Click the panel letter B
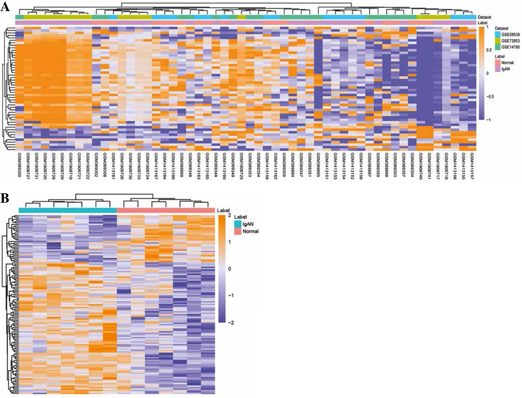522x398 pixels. [x=5, y=198]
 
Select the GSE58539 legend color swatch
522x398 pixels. [x=498, y=35]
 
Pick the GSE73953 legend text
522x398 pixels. [x=510, y=41]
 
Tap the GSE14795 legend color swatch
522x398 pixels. [x=498, y=47]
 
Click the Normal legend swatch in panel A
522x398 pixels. [x=498, y=63]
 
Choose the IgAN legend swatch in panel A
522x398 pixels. [x=498, y=69]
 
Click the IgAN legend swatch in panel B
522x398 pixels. [x=238, y=224]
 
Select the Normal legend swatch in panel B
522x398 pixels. [x=238, y=231]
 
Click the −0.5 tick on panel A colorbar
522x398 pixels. [x=489, y=97]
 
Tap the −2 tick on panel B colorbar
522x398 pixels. [x=231, y=322]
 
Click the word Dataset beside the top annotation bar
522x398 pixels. [x=485, y=17]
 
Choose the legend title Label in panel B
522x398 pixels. [x=240, y=217]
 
